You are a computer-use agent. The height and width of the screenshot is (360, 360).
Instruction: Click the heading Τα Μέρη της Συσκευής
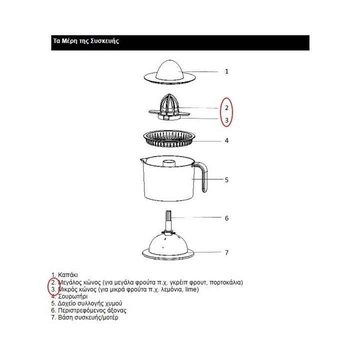pos(85,41)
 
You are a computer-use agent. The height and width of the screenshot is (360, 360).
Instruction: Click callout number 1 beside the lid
pos(226,71)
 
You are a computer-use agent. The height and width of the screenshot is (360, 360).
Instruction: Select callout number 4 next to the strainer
pos(226,140)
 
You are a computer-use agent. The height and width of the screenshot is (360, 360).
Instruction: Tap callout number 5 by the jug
pos(226,179)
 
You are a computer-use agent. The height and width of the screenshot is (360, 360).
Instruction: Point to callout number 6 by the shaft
pos(226,218)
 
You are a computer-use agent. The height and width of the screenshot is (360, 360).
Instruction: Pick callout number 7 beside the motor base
pos(226,252)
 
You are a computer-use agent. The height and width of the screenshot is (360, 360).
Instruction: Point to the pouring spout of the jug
pos(142,161)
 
